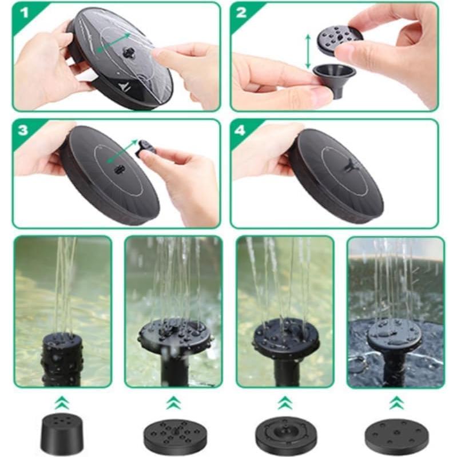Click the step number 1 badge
point(22,13)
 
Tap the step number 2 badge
point(241,13)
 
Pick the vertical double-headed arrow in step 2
point(308,51)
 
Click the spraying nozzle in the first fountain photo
point(62,355)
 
